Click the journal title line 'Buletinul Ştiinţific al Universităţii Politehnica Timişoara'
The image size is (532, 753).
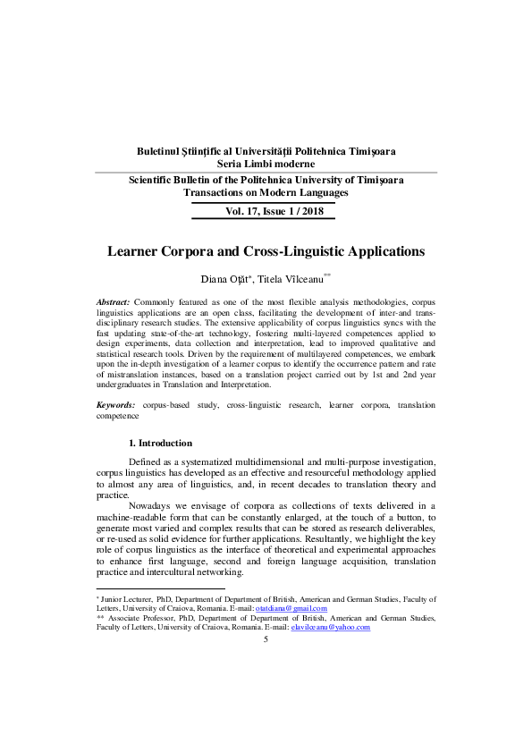point(266,151)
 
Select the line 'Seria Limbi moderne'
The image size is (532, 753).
point(266,164)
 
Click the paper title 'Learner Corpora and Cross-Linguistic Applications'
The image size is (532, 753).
point(266,252)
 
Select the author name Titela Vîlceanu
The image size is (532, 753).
point(291,280)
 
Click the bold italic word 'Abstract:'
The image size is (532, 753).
point(114,304)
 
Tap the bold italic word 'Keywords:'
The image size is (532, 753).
point(116,405)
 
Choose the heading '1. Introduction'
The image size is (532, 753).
point(160,444)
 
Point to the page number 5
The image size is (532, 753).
point(266,640)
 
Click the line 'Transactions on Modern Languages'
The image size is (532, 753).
point(266,192)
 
